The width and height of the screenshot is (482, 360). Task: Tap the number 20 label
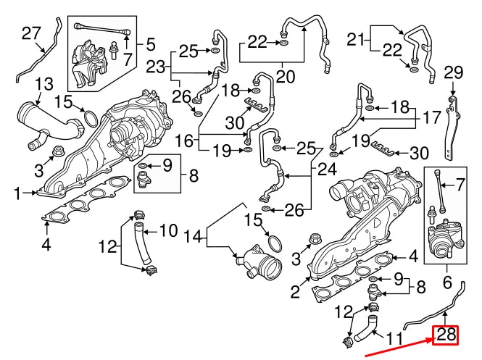point(285,75)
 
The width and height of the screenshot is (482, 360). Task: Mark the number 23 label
point(156,67)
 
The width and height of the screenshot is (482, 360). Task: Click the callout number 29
point(452,72)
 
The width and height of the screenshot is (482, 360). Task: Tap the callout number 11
point(393,339)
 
